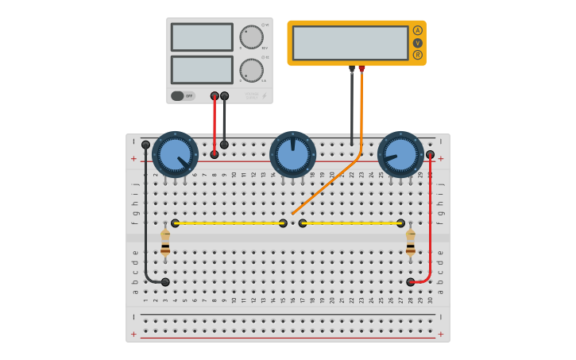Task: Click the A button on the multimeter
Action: [x=417, y=30]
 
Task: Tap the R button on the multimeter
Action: [x=417, y=55]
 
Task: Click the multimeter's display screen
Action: [x=350, y=43]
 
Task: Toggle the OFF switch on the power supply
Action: [x=183, y=96]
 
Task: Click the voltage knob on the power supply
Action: [x=251, y=37]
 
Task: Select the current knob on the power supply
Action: [x=251, y=70]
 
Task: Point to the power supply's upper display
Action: [x=202, y=37]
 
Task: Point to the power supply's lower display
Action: [x=202, y=70]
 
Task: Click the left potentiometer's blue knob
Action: [x=175, y=154]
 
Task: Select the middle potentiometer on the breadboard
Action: [x=292, y=154]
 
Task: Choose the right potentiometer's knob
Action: [x=400, y=154]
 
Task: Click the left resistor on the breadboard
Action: [x=165, y=242]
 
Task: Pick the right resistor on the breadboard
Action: [x=411, y=242]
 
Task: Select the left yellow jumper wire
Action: [x=229, y=223]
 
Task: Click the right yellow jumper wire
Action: [x=351, y=223]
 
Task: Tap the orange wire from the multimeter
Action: [x=334, y=180]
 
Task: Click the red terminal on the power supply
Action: [x=215, y=96]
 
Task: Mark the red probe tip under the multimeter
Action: [x=361, y=70]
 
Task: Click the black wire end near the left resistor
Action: [x=165, y=282]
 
